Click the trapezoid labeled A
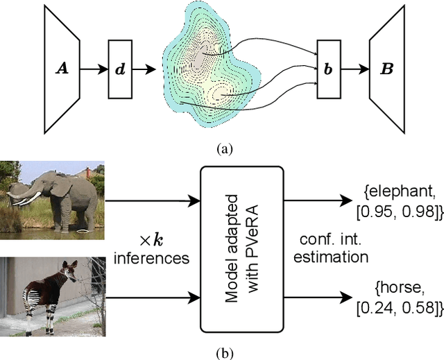click(60, 69)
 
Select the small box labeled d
click(119, 69)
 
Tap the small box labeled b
click(328, 69)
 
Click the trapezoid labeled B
click(386, 69)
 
